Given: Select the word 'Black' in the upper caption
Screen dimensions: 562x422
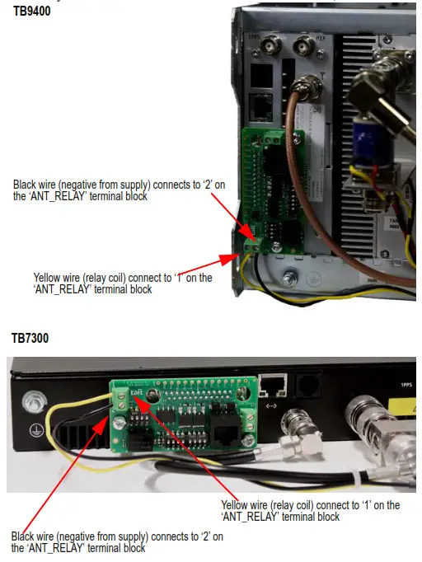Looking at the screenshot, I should [26, 183].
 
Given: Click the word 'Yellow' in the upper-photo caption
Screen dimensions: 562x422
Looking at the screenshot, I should [48, 278].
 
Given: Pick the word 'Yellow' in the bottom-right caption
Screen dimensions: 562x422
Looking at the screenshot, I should [236, 505].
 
